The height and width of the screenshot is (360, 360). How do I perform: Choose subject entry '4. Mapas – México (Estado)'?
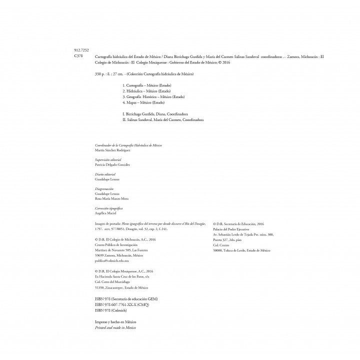click(x=142, y=102)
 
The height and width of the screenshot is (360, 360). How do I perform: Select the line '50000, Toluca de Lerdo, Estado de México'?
click(x=241, y=249)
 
